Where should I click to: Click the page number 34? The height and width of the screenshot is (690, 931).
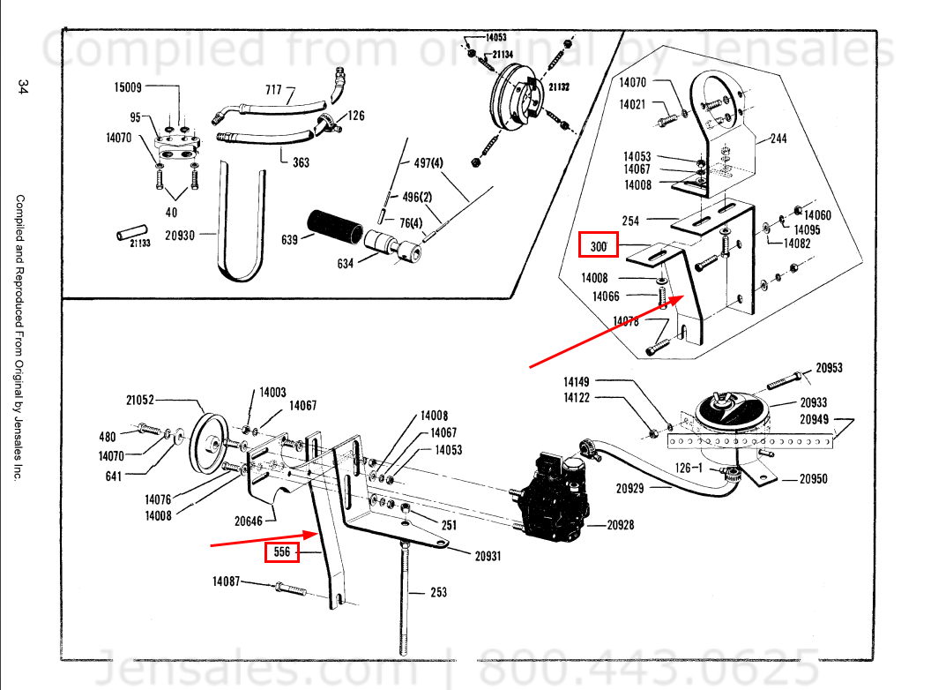point(24,86)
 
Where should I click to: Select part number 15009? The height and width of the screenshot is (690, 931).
point(127,87)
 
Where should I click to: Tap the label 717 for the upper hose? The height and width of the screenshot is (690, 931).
point(273,90)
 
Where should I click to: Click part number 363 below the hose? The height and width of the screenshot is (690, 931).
point(301,162)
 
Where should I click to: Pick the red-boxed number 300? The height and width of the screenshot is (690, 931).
point(599,245)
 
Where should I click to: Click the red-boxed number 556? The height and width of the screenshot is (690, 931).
point(282,553)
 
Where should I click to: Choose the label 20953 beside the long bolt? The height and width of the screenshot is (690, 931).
point(828,368)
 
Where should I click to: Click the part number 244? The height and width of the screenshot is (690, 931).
point(778,139)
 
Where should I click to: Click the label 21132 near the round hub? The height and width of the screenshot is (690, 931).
point(558,88)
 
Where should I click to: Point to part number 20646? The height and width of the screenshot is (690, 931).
point(251,521)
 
